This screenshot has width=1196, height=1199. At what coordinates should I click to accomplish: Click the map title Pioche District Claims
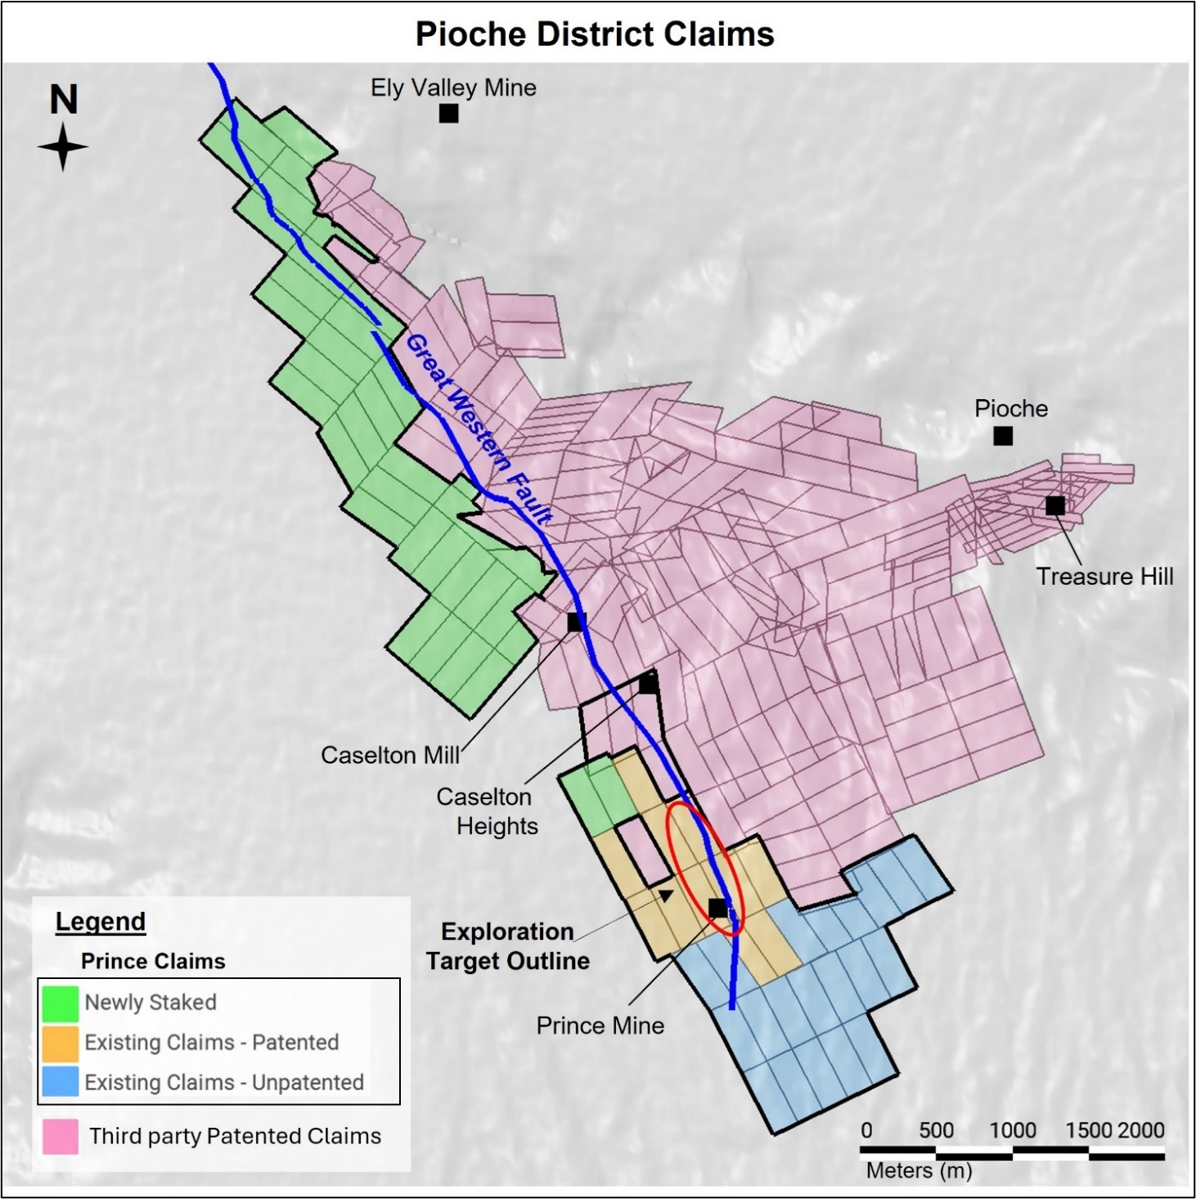click(595, 34)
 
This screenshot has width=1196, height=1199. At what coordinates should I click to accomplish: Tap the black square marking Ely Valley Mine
click(448, 114)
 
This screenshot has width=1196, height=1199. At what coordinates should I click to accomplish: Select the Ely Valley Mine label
click(453, 88)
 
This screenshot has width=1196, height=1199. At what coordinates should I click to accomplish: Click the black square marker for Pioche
click(1003, 436)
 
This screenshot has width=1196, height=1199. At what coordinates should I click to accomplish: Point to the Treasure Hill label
click(1104, 577)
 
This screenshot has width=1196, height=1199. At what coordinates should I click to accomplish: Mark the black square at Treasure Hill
click(1055, 505)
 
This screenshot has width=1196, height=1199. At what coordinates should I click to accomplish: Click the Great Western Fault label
click(479, 429)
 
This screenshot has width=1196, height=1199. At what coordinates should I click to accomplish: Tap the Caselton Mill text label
click(390, 755)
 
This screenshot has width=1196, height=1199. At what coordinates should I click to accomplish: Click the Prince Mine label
click(600, 1026)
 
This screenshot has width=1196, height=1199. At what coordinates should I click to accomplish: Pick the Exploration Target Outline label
click(507, 946)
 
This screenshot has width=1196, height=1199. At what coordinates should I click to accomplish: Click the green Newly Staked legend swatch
click(61, 1003)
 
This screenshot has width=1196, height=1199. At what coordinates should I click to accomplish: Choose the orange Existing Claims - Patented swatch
click(61, 1043)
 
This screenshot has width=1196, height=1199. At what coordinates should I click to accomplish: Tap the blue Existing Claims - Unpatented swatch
click(61, 1082)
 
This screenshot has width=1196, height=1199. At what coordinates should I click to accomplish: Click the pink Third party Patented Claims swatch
click(61, 1136)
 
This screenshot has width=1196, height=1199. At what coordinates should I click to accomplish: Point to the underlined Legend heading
click(100, 922)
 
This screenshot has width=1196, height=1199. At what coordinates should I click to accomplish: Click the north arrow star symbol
click(63, 148)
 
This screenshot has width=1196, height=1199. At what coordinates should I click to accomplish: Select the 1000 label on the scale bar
click(1013, 1130)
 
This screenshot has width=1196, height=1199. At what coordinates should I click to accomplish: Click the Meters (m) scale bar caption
click(919, 1171)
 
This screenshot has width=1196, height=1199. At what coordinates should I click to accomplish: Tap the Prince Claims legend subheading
click(153, 961)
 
